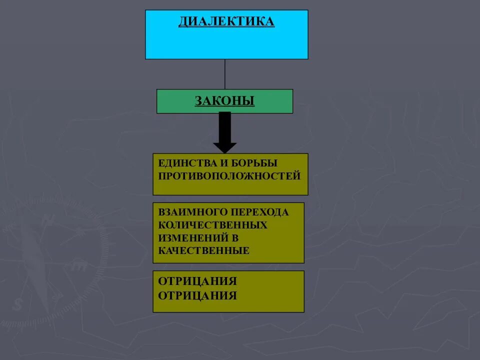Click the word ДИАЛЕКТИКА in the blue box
click(x=226, y=22)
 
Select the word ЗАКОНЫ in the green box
click(x=224, y=101)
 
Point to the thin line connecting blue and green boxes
click(x=225, y=74)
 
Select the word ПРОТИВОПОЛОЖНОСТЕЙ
click(x=229, y=176)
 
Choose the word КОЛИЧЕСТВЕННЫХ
click(x=213, y=225)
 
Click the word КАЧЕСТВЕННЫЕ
click(x=203, y=251)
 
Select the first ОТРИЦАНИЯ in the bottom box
click(x=197, y=281)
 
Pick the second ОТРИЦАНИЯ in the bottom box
click(x=197, y=295)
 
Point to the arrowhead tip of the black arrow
click(x=225, y=151)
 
